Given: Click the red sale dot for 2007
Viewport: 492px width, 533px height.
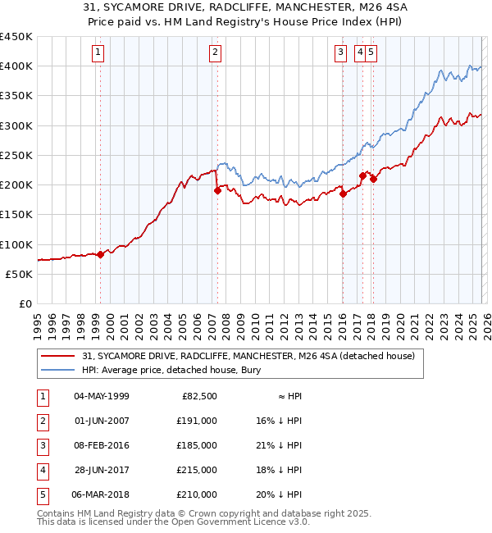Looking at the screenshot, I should tap(217, 190).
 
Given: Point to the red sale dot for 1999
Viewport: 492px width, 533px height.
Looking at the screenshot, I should tap(100, 254).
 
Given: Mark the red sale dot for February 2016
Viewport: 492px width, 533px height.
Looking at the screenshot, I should tap(344, 194).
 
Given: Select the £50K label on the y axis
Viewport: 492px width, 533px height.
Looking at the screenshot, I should tap(20, 274).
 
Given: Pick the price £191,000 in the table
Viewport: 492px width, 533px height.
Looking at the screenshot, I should tap(198, 421).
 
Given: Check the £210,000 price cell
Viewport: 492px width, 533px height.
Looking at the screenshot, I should tap(198, 494).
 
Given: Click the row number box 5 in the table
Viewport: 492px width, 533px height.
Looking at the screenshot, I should tap(39, 494).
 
